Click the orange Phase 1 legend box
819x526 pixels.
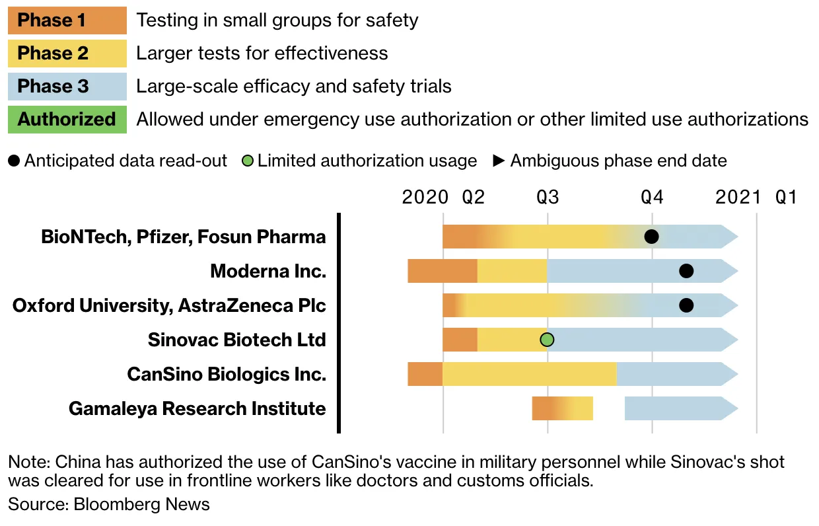click(x=67, y=20)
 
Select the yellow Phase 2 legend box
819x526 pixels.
click(x=67, y=54)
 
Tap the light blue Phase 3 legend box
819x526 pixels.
click(x=67, y=87)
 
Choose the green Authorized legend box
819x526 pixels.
click(x=67, y=120)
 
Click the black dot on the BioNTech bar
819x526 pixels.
click(x=651, y=237)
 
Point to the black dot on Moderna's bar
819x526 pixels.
click(x=686, y=271)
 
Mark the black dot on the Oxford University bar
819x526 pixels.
click(x=686, y=305)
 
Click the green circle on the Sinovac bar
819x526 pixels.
click(x=547, y=340)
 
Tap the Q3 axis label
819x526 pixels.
click(x=547, y=197)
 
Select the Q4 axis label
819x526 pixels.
click(x=652, y=197)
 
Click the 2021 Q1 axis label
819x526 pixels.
click(x=756, y=197)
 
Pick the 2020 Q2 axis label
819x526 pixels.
click(x=443, y=197)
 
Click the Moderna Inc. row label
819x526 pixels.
click(x=268, y=271)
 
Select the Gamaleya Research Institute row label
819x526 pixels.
click(x=197, y=408)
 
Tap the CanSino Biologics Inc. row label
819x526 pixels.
click(x=227, y=374)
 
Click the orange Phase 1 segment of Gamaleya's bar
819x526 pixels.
click(x=543, y=408)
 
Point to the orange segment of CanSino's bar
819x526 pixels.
click(x=425, y=374)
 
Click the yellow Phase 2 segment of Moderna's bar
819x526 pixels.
click(x=512, y=271)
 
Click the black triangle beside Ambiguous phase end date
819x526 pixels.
click(x=499, y=161)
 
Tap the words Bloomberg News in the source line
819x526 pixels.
click(x=141, y=504)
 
